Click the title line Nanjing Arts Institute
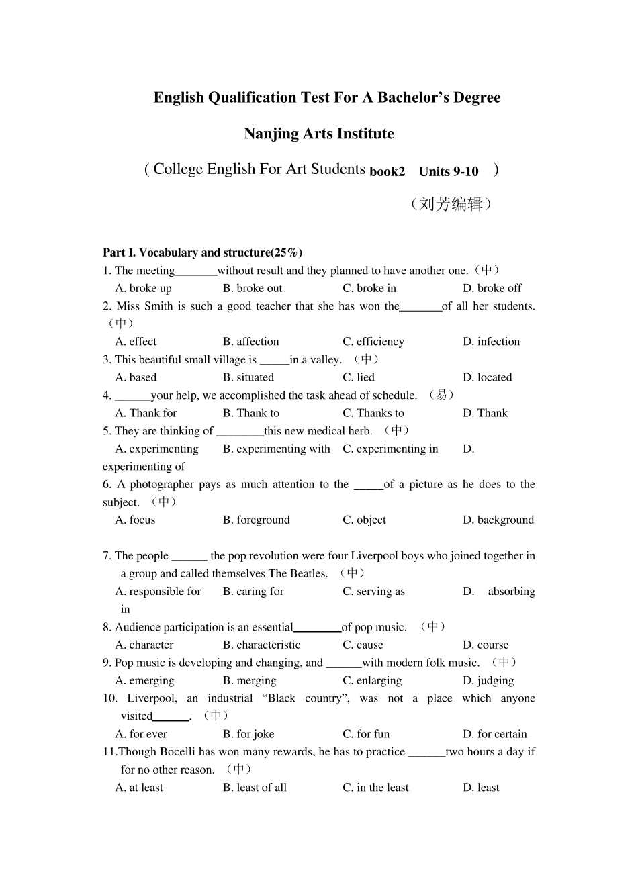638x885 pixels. click(x=318, y=134)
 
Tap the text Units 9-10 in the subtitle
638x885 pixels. click(x=448, y=171)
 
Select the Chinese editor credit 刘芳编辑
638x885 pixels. click(x=451, y=204)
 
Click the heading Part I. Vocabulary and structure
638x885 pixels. click(x=202, y=252)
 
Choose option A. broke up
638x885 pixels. click(x=143, y=288)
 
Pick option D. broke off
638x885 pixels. click(x=492, y=288)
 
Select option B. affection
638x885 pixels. click(x=250, y=342)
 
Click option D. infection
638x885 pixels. click(x=491, y=342)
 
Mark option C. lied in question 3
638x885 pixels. click(x=359, y=377)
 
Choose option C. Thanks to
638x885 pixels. click(x=373, y=413)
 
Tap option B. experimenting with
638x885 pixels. click(x=276, y=449)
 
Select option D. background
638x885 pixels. click(x=498, y=520)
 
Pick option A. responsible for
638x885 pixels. click(x=158, y=591)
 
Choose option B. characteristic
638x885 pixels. click(x=261, y=645)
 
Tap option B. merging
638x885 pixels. click(x=249, y=680)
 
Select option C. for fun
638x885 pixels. click(x=366, y=734)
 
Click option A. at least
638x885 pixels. click(x=139, y=788)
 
